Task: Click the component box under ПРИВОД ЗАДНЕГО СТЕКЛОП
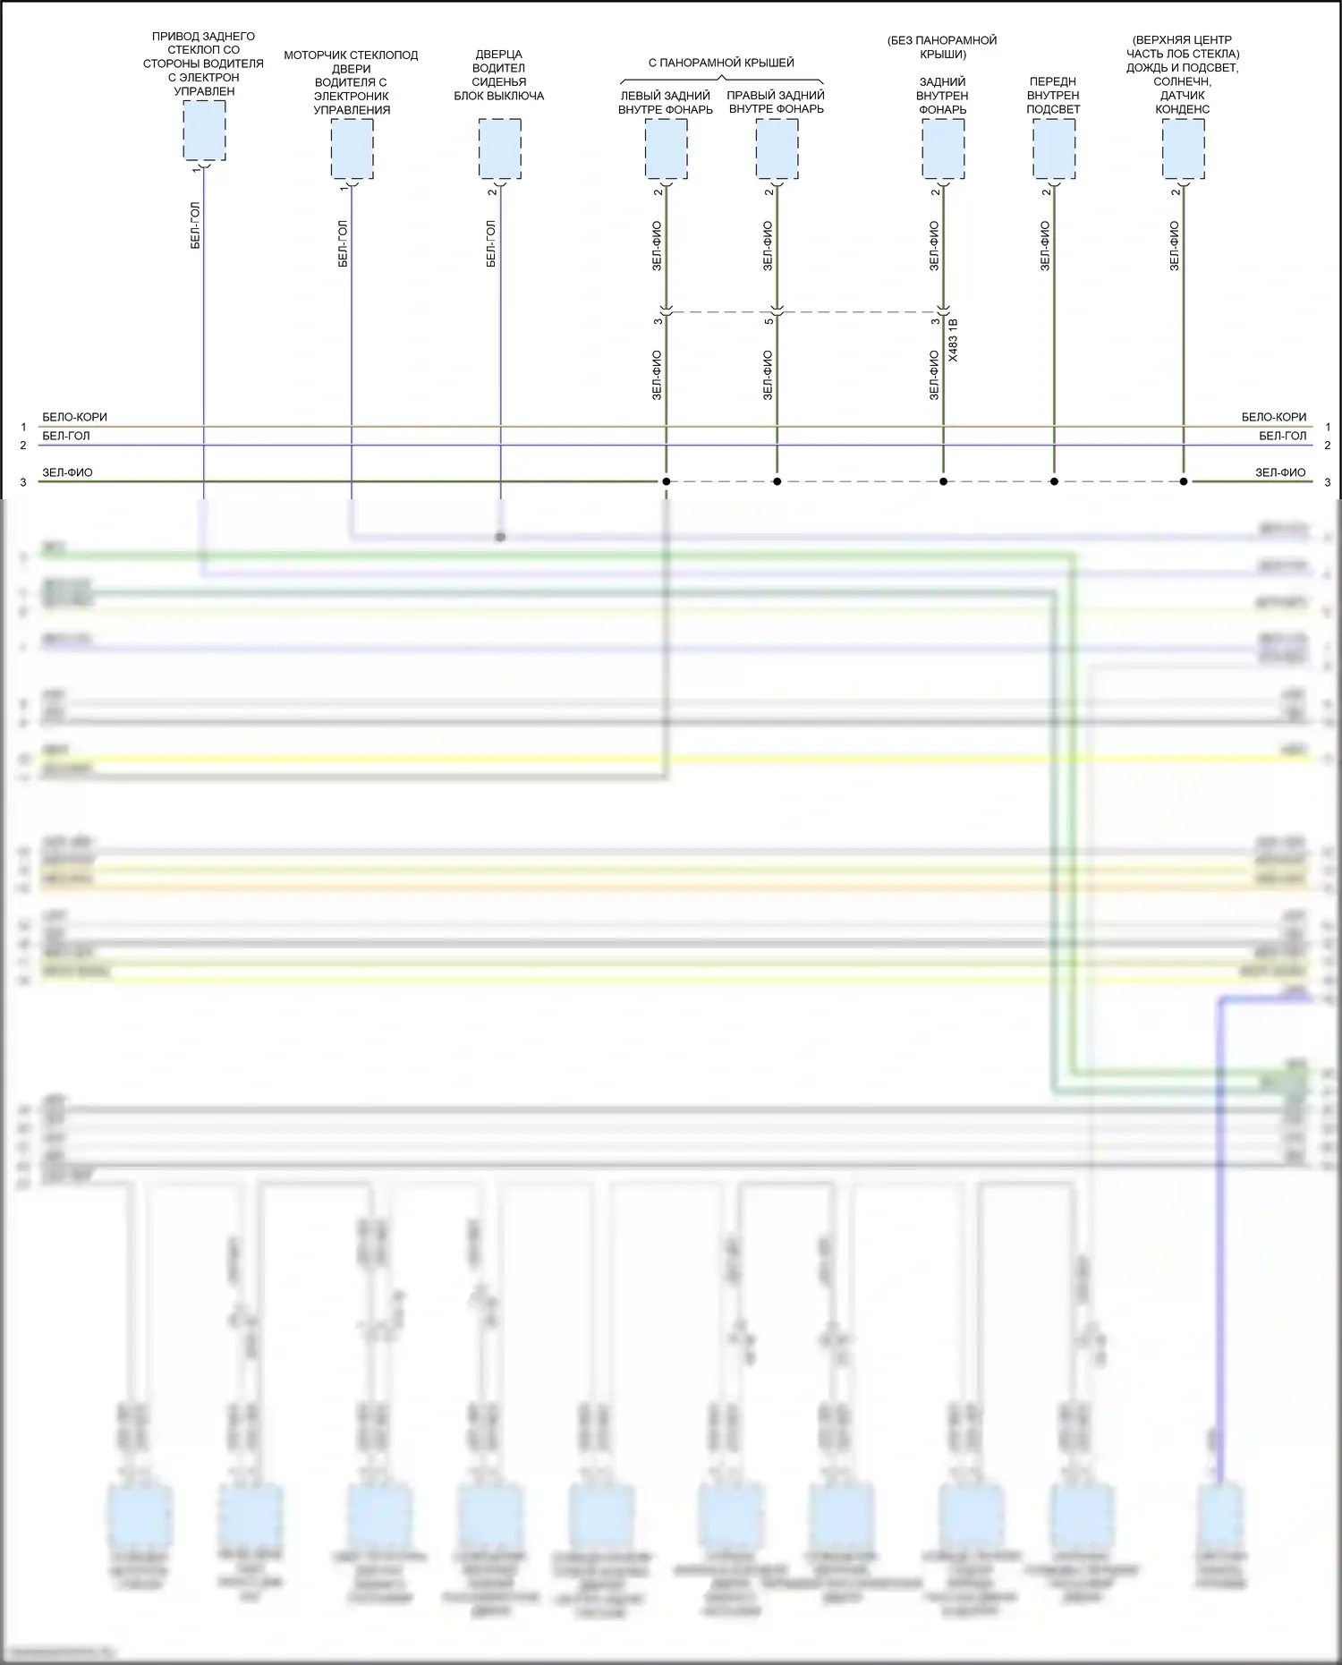(204, 131)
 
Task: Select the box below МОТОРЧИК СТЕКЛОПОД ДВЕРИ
(352, 149)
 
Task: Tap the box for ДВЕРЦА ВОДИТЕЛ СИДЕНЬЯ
(499, 149)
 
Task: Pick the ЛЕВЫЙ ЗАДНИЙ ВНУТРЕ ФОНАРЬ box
(666, 149)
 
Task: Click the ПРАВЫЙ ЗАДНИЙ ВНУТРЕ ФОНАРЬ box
(777, 149)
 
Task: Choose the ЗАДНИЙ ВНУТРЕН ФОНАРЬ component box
(943, 149)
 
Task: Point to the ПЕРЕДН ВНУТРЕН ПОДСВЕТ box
(1054, 149)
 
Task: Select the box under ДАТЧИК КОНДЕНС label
(1183, 149)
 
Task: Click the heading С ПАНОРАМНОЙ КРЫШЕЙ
(721, 63)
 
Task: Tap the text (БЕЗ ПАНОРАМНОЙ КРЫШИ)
(942, 47)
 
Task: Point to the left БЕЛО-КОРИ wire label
(74, 418)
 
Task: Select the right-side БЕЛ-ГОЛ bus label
(1282, 436)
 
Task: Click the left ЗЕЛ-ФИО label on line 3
(67, 472)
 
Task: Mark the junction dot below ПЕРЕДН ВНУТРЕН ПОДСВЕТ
(1054, 482)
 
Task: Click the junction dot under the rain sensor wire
(1183, 482)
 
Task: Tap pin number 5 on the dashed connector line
(769, 321)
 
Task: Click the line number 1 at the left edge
(24, 428)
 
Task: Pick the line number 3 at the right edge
(1327, 482)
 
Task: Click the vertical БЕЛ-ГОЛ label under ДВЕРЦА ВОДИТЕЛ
(490, 244)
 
